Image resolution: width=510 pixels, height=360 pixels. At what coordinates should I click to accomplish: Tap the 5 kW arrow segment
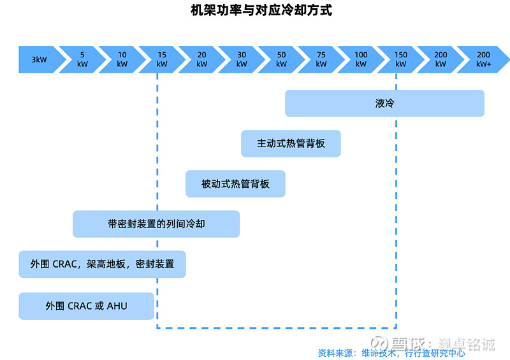82,59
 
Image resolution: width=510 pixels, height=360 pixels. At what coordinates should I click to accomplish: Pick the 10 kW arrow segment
122,59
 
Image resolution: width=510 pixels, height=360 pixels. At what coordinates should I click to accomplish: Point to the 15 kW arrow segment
162,59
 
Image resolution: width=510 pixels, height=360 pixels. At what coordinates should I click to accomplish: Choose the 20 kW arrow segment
201,59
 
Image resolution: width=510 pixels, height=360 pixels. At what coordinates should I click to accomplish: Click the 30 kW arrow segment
242,59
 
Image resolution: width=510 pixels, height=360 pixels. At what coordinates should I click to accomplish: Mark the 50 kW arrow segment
281,59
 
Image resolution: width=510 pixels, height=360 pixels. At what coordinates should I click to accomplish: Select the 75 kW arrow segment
321,59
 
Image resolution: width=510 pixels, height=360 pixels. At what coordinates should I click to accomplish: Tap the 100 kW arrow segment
361,59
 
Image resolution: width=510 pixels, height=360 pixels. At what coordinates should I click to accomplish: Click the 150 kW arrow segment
401,59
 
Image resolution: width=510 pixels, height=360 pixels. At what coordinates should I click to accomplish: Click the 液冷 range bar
384,103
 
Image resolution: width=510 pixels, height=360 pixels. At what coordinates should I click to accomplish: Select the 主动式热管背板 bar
291,143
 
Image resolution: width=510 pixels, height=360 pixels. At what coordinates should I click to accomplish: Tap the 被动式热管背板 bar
235,184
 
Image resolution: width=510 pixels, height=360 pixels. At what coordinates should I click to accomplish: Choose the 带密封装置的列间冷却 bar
156,224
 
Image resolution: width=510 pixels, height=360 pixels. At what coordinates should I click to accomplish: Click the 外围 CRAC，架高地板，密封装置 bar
102,264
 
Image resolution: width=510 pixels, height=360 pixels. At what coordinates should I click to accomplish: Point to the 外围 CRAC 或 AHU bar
86,306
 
